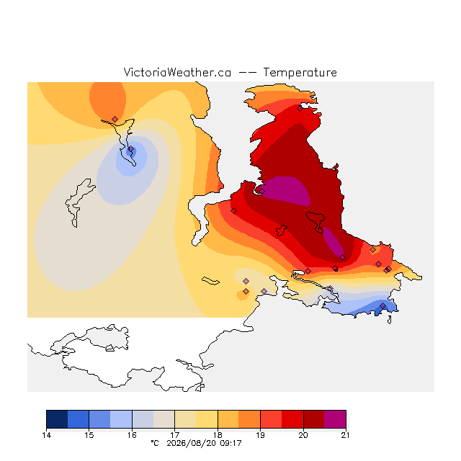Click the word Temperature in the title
300,72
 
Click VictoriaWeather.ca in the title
177,72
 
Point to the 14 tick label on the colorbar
46,435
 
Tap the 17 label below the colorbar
175,435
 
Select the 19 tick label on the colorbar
261,435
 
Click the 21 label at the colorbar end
346,435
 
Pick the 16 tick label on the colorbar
132,435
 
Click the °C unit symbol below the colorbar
155,443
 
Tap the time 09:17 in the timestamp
230,443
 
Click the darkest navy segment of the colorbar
57,419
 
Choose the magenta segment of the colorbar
335,419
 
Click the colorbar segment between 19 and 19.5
271,419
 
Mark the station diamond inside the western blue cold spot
131,149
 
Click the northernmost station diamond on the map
300,109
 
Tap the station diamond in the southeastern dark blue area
382,306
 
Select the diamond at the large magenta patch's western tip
262,191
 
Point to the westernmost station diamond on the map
115,119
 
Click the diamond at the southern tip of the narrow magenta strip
343,258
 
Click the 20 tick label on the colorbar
303,435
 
